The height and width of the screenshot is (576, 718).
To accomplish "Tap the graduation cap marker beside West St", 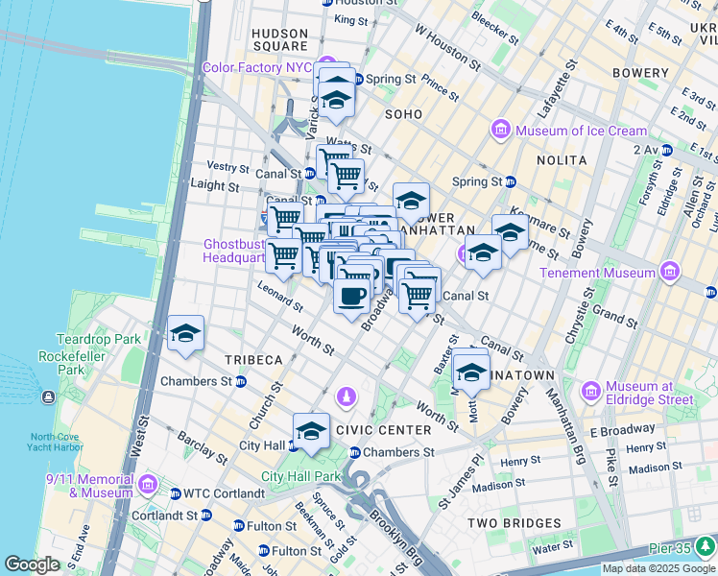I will [185, 333].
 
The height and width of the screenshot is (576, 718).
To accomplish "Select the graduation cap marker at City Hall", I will [311, 431].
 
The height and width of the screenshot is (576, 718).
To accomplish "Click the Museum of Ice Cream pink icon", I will [500, 131].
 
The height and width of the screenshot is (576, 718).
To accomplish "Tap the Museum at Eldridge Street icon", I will [591, 392].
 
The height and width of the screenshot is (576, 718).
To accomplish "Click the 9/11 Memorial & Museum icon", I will [148, 485].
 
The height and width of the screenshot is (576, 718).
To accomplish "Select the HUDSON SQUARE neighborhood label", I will [279, 38].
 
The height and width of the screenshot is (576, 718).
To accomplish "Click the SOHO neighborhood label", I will [403, 114].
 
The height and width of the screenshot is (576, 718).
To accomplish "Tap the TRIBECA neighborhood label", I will [253, 360].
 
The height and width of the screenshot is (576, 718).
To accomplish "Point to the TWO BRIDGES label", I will [514, 523].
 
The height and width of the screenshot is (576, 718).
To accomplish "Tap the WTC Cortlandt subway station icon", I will [175, 493].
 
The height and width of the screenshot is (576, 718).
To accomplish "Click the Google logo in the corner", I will [32, 564].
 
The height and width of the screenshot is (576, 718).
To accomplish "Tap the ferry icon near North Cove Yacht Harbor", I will [48, 397].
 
